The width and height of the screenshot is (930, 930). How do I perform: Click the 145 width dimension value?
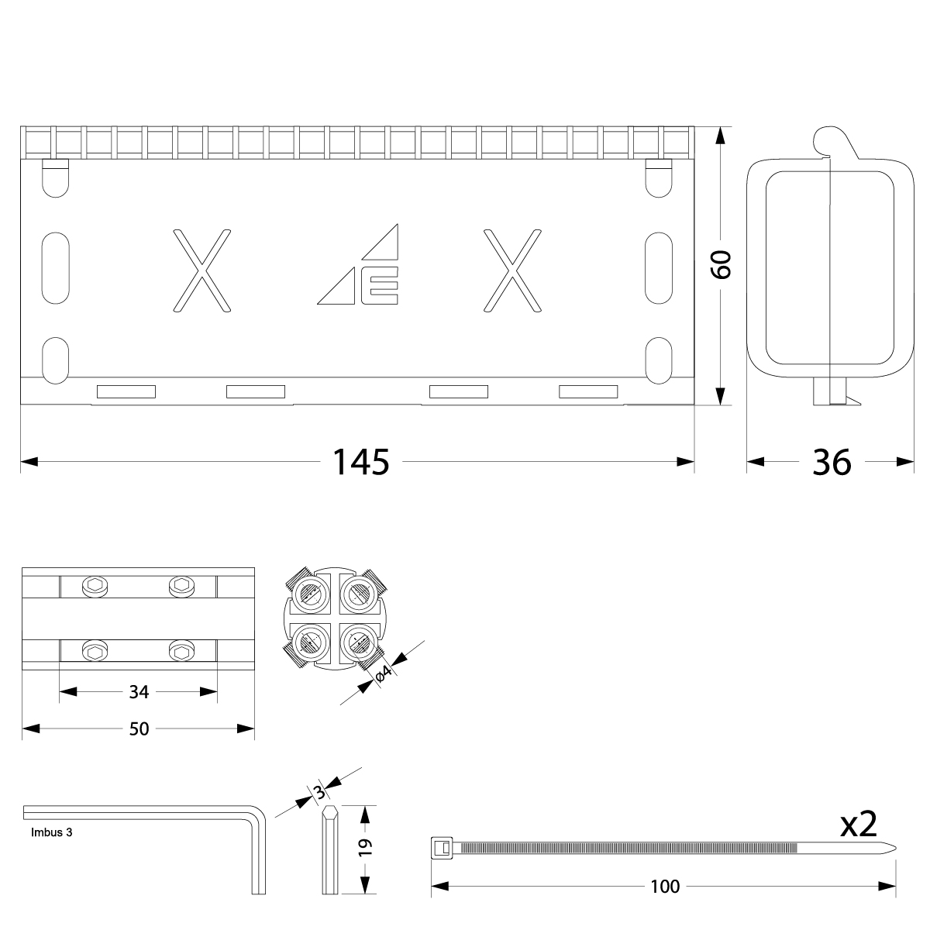click(360, 463)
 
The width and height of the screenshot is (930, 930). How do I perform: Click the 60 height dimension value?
click(721, 265)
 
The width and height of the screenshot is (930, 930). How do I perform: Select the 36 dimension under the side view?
click(832, 463)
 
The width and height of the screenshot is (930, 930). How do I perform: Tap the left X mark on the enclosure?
click(201, 270)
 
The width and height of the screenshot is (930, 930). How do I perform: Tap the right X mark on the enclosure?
click(511, 270)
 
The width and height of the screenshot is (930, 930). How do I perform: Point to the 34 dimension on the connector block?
click(139, 691)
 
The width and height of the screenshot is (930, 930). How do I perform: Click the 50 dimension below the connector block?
click(139, 728)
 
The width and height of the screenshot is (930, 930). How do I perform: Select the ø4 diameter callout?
click(384, 673)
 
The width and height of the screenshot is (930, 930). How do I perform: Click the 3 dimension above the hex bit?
click(319, 792)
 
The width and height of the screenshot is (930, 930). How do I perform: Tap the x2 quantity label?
click(858, 825)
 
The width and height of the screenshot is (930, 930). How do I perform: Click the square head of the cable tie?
click(441, 847)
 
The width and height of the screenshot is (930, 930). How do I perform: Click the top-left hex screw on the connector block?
click(95, 587)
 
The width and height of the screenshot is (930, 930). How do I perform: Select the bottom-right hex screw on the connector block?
click(181, 652)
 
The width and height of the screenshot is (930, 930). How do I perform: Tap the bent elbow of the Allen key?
click(259, 817)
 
